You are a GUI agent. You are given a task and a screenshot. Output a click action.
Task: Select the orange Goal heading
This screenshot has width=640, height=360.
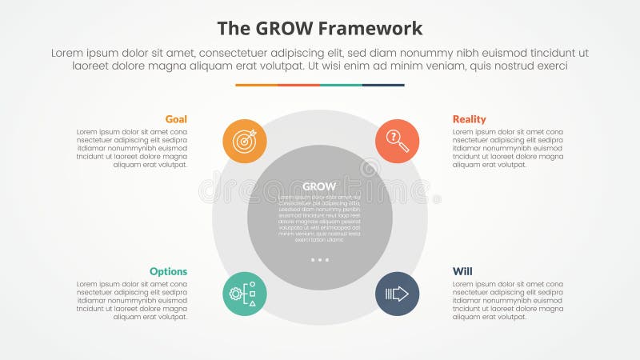pos(176,119)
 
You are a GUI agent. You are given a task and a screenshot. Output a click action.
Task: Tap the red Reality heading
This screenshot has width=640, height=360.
pos(469,119)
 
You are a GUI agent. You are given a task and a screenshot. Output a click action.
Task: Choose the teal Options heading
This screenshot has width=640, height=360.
pos(168,271)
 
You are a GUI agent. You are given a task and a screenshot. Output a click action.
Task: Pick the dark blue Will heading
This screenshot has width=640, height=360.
pos(462,271)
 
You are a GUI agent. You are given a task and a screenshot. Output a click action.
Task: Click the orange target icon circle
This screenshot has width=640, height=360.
pos(245,141)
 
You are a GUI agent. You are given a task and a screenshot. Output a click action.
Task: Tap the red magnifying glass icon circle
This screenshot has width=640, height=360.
pos(398,141)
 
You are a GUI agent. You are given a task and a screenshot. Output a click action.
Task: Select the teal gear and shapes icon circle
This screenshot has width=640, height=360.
pos(245,294)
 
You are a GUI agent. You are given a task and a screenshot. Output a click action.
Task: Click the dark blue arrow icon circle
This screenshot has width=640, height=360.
pos(398,294)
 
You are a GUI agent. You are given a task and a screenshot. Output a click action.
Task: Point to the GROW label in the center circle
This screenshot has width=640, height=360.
pos(320,186)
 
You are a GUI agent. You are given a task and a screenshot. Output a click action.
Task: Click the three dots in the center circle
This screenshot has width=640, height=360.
pos(320,260)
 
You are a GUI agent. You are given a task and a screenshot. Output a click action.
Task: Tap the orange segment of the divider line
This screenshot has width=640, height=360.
pos(256,85)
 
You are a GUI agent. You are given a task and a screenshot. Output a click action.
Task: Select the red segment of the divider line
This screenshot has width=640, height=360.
pos(298,85)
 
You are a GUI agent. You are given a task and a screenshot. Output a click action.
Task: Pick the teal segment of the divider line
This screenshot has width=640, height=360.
pos(341,85)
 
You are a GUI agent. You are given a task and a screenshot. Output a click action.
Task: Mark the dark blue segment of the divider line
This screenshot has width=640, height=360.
pos(383,85)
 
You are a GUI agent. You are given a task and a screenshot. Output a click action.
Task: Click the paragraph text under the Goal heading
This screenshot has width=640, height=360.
pos(132,148)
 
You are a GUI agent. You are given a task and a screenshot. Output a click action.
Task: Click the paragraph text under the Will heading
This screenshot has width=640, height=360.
pos(507,300)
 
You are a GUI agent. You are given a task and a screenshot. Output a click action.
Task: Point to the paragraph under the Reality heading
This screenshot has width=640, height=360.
pos(507,148)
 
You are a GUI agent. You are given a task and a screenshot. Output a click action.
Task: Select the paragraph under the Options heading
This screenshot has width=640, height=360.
pos(132,300)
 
